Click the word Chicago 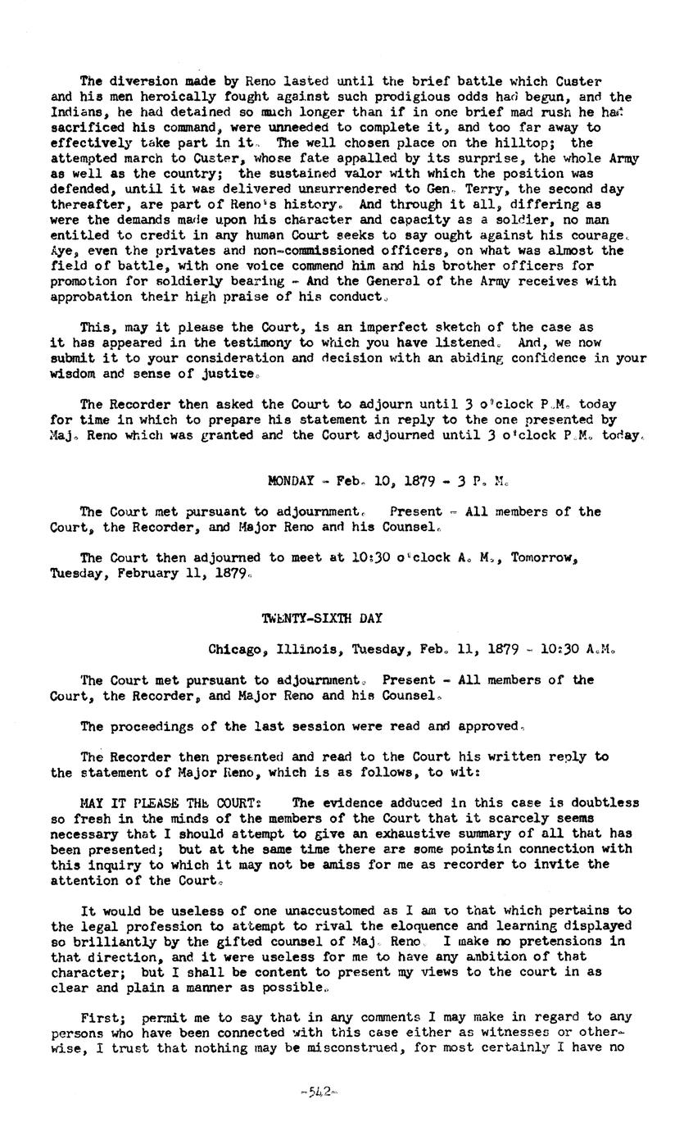point(234,650)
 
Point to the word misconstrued point(379,1048)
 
